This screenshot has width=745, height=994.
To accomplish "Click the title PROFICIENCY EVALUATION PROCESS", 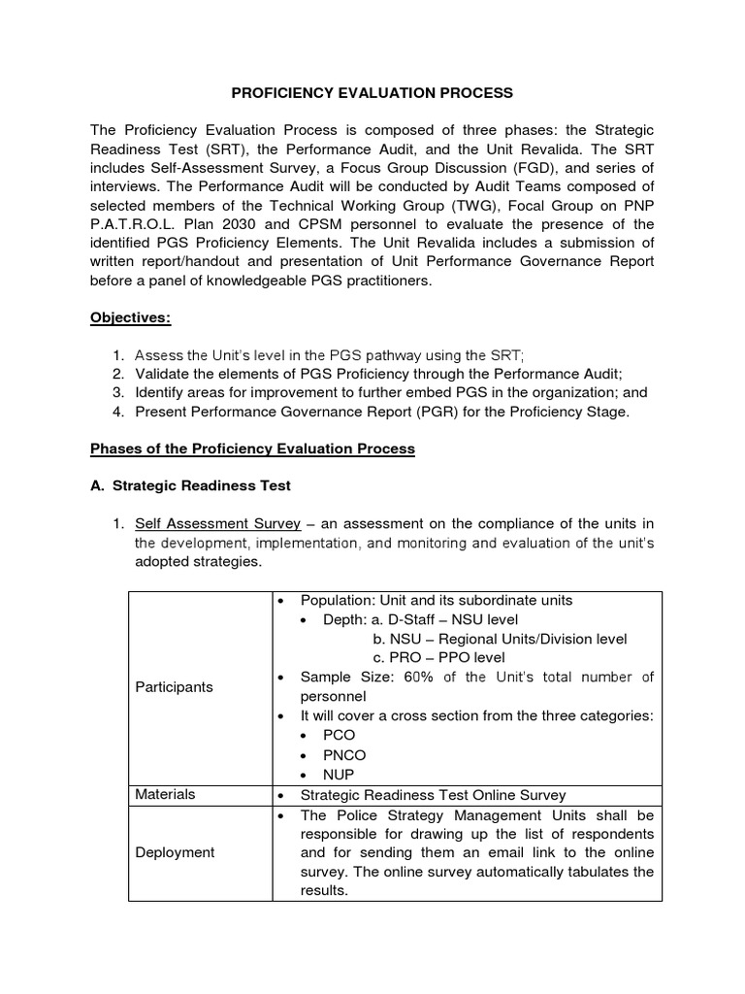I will [x=372, y=93].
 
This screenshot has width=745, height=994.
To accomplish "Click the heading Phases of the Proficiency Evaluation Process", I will [x=252, y=448].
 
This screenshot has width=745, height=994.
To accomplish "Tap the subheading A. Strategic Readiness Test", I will [x=190, y=485].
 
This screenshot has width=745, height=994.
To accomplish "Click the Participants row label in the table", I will [x=174, y=686].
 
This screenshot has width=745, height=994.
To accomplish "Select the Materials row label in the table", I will [x=165, y=794].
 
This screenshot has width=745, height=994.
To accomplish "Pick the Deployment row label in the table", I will [x=176, y=852].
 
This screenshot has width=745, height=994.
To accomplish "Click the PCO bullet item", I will [x=340, y=736].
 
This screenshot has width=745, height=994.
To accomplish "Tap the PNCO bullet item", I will [x=345, y=755].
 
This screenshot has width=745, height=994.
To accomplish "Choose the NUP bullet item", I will [x=340, y=775].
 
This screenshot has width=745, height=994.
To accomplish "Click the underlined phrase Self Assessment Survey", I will [x=217, y=525].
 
